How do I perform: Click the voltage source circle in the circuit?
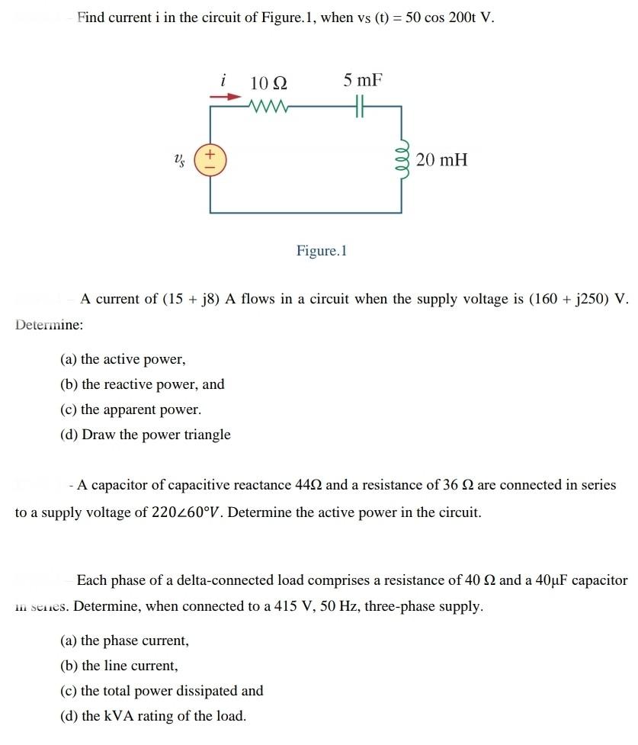[211, 160]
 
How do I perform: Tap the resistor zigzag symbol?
[268, 108]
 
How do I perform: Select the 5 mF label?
[362, 80]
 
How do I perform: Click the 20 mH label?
[442, 160]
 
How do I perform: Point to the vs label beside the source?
[179, 160]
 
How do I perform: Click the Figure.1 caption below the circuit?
[322, 251]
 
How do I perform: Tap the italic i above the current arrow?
[223, 79]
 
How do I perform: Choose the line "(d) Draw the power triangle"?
[146, 435]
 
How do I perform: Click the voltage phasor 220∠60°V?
[185, 512]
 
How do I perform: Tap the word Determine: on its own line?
[50, 325]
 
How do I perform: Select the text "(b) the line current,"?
[119, 666]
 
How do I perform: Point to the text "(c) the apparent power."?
[131, 409]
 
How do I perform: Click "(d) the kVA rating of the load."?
[153, 716]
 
